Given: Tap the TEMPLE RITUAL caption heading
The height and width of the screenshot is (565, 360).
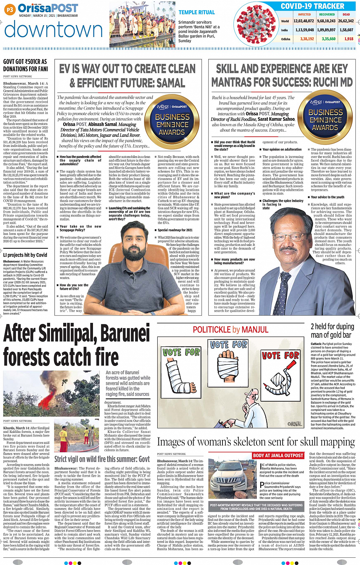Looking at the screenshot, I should click(197, 13).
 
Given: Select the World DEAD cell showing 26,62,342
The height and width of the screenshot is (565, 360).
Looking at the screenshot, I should click(346, 21).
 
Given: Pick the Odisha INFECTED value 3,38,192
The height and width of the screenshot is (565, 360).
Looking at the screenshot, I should click(307, 39).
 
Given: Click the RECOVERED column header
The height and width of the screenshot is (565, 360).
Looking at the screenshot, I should click(327, 14).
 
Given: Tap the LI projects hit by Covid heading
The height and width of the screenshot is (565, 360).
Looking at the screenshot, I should click(25, 255).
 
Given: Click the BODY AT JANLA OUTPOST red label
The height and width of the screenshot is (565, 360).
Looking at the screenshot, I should click(278, 455).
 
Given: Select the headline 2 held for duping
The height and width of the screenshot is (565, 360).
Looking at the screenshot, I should click(332, 326).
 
